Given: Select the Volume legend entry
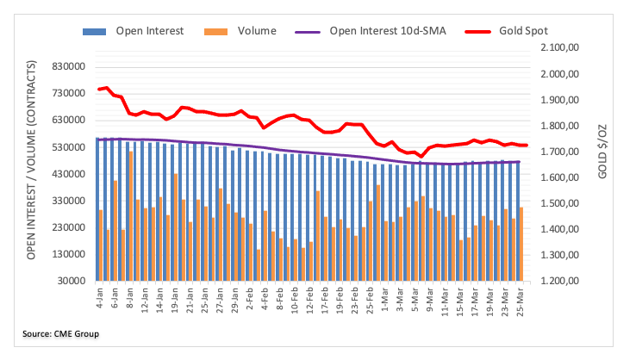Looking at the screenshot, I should [254, 31].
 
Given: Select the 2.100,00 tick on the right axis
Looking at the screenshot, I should [563, 47].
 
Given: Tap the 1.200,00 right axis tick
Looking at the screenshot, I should [563, 281].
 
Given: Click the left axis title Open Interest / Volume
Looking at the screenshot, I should [32, 160].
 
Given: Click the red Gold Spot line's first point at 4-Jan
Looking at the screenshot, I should [99, 89].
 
